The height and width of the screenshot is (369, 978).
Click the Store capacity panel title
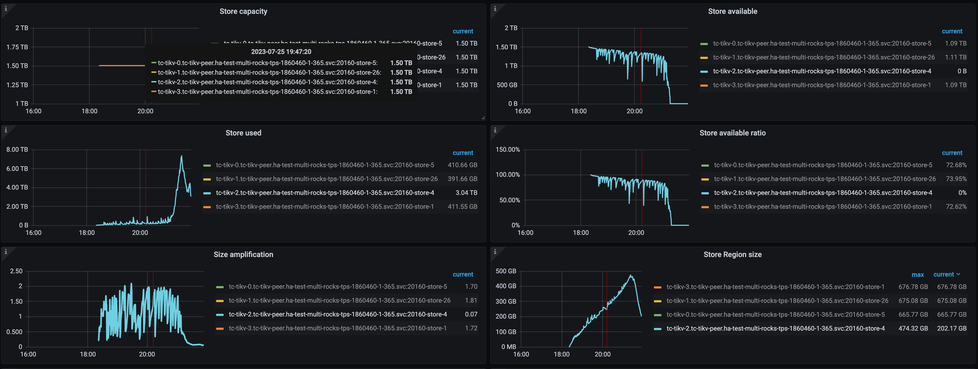pyautogui.click(x=243, y=11)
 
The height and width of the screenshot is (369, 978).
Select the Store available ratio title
pyautogui.click(x=732, y=133)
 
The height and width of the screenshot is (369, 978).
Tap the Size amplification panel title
pyautogui.click(x=243, y=255)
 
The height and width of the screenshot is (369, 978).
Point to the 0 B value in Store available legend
pyautogui.click(x=962, y=71)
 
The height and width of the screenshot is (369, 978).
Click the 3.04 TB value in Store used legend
pyautogui.click(x=466, y=193)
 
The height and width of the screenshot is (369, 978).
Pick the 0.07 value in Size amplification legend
pyautogui.click(x=471, y=314)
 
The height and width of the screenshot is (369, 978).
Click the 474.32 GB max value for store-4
pyautogui.click(x=913, y=328)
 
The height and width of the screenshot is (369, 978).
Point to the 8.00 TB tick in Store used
pyautogui.click(x=17, y=149)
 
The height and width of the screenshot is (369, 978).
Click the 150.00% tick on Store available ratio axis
pyautogui.click(x=508, y=149)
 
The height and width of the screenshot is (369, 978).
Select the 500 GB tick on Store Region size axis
pyautogui.click(x=506, y=271)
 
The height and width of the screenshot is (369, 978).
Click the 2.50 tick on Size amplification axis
pyautogui.click(x=16, y=271)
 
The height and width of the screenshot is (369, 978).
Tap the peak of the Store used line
pyautogui.click(x=181, y=156)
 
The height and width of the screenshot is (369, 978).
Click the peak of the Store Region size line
pyautogui.click(x=631, y=275)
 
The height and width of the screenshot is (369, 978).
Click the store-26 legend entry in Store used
pyautogui.click(x=326, y=179)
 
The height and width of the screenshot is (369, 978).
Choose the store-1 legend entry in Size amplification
pyautogui.click(x=338, y=328)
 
